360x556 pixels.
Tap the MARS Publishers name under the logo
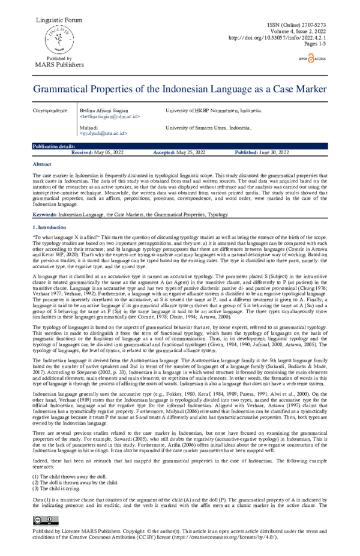(x=59, y=65)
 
